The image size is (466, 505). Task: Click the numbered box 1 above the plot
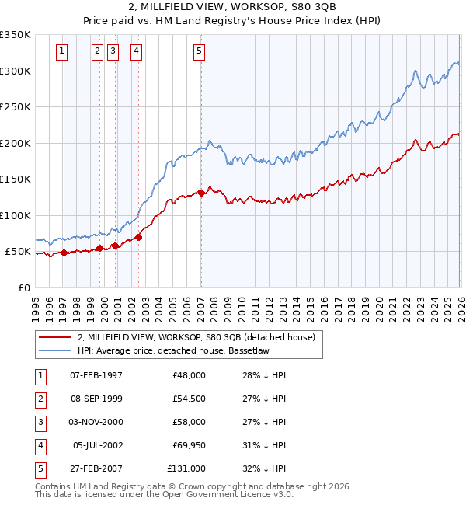61,52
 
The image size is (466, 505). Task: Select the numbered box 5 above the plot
200,52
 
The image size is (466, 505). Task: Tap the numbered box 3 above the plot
113,52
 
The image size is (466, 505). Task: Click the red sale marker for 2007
201,192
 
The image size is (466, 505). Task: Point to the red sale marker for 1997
64,252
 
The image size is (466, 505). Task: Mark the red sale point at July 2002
138,237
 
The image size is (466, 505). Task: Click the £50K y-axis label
18,252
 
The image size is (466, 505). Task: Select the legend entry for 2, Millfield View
196,337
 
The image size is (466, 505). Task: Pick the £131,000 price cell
186,468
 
